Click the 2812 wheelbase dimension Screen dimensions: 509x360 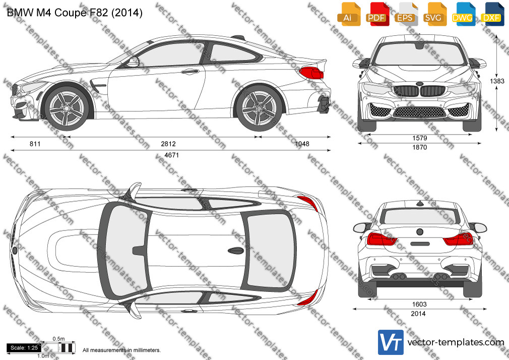pyautogui.click(x=168, y=144)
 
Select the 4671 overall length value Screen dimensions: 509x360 pyautogui.click(x=171, y=155)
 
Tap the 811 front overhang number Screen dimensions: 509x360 pyautogui.click(x=35, y=144)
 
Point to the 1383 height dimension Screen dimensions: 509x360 pyautogui.click(x=497, y=81)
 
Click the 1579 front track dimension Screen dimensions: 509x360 pyautogui.click(x=419, y=138)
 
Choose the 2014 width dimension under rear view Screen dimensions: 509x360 pyautogui.click(x=418, y=314)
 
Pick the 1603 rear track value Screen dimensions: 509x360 pyautogui.click(x=419, y=304)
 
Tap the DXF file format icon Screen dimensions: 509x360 pyautogui.click(x=492, y=14)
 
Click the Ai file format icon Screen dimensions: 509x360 pyautogui.click(x=348, y=14)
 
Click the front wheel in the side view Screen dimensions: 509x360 pyautogui.click(x=67, y=107)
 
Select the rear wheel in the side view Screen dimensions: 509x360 pyautogui.click(x=259, y=107)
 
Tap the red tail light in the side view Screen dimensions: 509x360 pyautogui.click(x=311, y=73)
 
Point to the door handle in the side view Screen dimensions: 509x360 pyautogui.click(x=190, y=72)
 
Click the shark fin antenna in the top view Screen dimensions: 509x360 pyautogui.click(x=236, y=251)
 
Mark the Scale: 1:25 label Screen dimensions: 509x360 pyautogui.click(x=24, y=348)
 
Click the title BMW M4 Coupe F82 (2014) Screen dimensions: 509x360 pyautogui.click(x=75, y=13)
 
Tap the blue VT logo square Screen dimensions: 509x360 pyautogui.click(x=391, y=342)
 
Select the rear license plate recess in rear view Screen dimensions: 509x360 pyautogui.click(x=420, y=244)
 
